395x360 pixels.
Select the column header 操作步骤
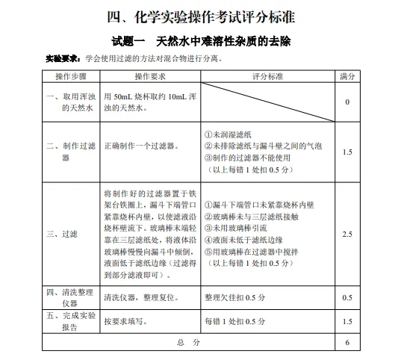70,76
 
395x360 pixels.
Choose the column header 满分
346,76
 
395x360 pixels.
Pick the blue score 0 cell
346,102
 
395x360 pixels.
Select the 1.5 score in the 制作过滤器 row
346,152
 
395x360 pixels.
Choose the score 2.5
346,234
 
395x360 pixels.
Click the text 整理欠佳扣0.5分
234,297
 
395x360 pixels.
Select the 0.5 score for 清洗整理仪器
346,297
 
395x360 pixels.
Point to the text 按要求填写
128,320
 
